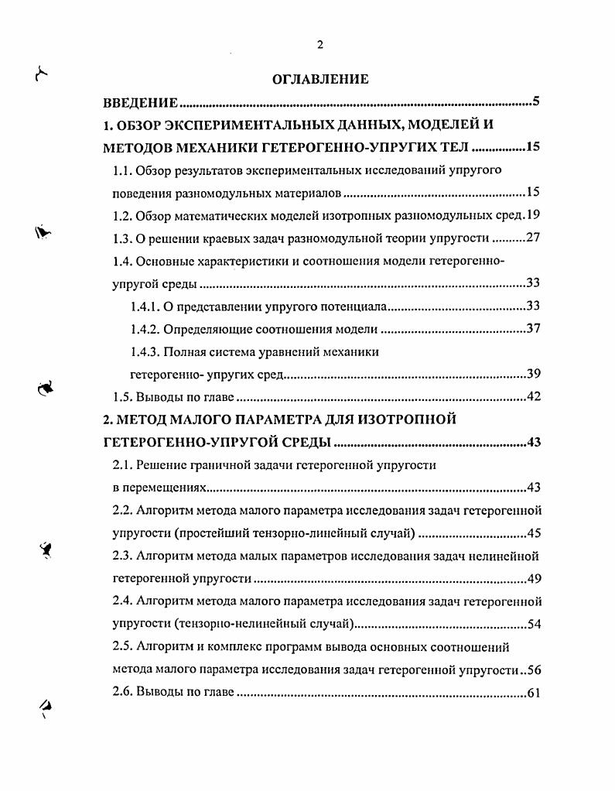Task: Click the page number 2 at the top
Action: tap(320, 45)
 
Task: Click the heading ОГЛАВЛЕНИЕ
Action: tap(320, 79)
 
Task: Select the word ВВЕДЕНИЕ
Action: tap(142, 102)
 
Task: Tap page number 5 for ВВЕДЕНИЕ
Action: tap(535, 101)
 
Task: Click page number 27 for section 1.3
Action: tap(533, 238)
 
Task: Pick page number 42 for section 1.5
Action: tap(533, 397)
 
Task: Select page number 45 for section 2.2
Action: tap(533, 532)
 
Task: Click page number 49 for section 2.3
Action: tap(533, 578)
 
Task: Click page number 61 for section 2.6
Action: tap(533, 693)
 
